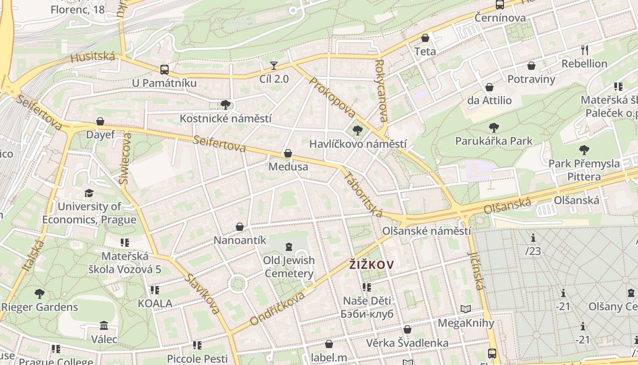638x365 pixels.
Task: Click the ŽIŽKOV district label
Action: (371, 265)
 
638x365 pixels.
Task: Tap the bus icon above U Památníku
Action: (165, 70)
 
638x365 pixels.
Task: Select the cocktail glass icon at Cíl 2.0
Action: (274, 66)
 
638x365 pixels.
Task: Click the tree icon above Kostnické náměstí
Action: (225, 105)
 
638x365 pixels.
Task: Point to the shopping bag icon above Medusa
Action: (288, 154)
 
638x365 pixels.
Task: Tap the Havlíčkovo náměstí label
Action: (358, 144)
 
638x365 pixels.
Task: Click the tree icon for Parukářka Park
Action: (494, 128)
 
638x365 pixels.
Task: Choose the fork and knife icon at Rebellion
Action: (585, 50)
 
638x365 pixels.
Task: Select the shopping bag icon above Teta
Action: (425, 38)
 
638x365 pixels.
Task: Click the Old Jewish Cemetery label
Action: (289, 267)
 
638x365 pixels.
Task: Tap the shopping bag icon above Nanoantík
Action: (239, 227)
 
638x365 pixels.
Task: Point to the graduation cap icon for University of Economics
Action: (89, 193)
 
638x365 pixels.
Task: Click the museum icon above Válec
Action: (104, 326)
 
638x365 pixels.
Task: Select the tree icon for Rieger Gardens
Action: (40, 293)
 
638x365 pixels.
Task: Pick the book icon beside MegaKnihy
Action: (465, 309)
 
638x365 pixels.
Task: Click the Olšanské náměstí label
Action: (427, 231)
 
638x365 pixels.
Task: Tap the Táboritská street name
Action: (363, 194)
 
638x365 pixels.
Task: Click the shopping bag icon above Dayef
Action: (100, 121)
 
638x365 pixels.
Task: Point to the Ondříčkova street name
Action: (277, 308)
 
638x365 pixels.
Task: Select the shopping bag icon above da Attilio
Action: (489, 87)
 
